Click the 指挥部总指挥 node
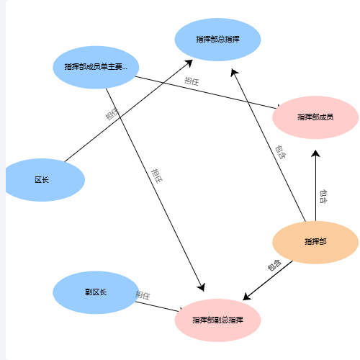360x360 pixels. [x=217, y=40]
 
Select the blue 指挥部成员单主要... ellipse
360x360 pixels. [x=96, y=67]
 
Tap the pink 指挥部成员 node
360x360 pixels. [x=315, y=117]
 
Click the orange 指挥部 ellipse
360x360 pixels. [x=315, y=243]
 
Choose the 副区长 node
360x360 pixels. [x=96, y=292]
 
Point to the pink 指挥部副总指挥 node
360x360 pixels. [x=217, y=320]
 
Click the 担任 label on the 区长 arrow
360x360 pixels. [x=112, y=114]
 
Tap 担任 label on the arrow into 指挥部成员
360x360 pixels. [x=192, y=81]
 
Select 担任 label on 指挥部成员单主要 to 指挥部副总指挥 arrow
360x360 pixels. [x=157, y=176]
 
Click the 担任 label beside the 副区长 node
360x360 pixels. [x=143, y=295]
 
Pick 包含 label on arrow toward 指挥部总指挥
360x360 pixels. [x=280, y=152]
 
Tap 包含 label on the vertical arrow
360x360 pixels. [x=323, y=197]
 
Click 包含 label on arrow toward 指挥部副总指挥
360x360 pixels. [x=274, y=265]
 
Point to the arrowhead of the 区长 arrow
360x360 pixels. [x=189, y=63]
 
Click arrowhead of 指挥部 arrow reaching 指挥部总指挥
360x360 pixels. [x=234, y=72]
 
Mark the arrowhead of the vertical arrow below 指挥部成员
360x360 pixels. [x=315, y=153]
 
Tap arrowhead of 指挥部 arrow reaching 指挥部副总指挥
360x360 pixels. [x=246, y=297]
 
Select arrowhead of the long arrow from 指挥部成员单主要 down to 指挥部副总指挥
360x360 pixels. [x=201, y=287]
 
